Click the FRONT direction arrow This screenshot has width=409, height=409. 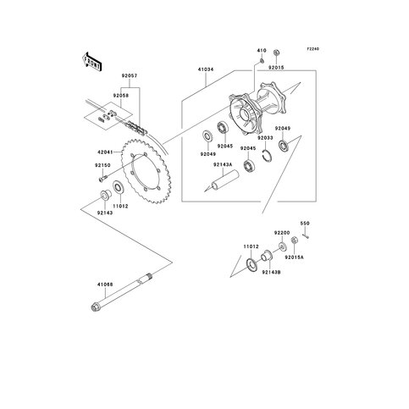coord(92,61)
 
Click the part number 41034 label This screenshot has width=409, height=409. coord(206,69)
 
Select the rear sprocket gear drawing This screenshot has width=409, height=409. coord(145,172)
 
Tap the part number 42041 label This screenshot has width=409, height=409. coord(105,152)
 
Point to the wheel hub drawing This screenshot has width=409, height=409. coord(257,107)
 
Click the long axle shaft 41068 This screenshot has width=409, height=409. coord(121,291)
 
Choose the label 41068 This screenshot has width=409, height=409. coord(105,285)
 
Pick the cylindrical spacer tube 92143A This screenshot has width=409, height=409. coord(225,180)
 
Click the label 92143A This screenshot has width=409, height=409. coord(223,164)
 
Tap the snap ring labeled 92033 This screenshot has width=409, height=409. coord(266,156)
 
